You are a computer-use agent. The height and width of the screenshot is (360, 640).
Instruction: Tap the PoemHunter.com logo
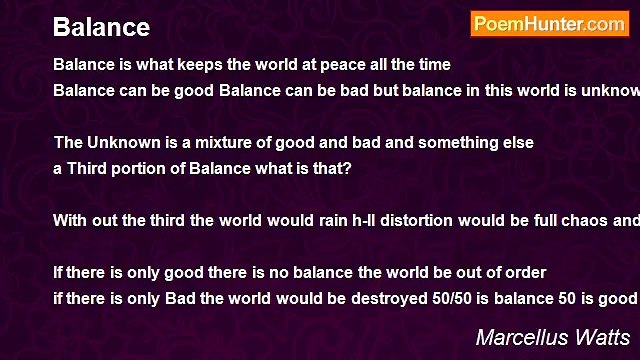tap(549, 24)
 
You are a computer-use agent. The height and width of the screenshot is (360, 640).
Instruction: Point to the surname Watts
tap(601, 337)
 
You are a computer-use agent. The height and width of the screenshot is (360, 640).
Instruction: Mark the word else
tap(516, 143)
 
